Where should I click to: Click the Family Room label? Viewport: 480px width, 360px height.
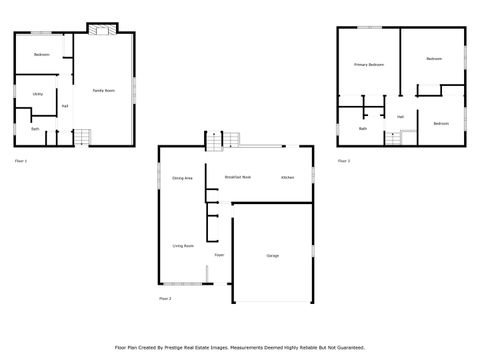tap(103, 90)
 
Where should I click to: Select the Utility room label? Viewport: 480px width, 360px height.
tap(36, 94)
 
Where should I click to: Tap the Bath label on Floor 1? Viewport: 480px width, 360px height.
tap(35, 128)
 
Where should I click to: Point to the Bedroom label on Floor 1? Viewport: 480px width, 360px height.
tap(41, 54)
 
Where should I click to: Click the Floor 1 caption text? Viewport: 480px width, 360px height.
tap(21, 160)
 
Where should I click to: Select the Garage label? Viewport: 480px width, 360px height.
tap(272, 256)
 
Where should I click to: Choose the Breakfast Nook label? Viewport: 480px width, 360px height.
tap(237, 176)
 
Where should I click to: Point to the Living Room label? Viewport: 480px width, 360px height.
tap(182, 244)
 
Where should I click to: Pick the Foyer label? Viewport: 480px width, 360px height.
tap(218, 255)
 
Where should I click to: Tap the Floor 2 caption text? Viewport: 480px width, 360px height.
tap(165, 298)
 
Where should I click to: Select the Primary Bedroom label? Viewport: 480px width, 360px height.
tap(368, 64)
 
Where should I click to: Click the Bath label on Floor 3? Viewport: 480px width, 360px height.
tap(362, 128)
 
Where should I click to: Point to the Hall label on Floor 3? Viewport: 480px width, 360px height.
tap(400, 116)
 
